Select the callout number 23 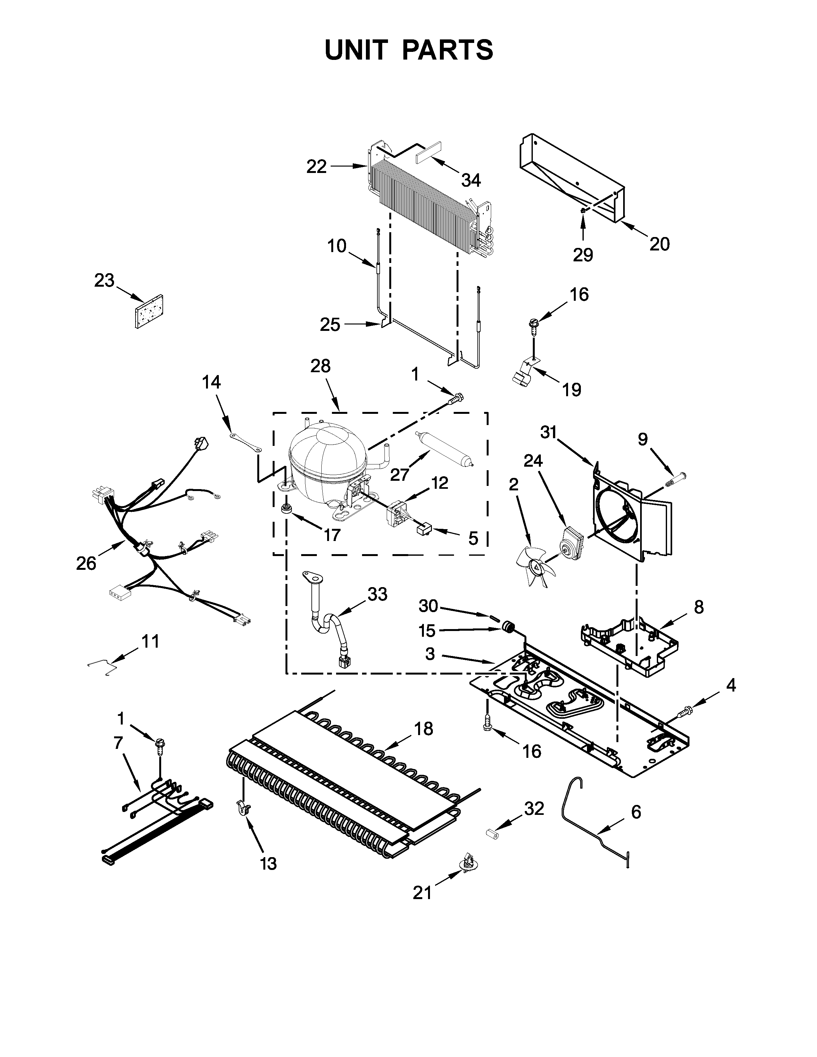click(104, 280)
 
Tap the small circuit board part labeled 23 click(149, 312)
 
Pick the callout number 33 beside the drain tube click(377, 594)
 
